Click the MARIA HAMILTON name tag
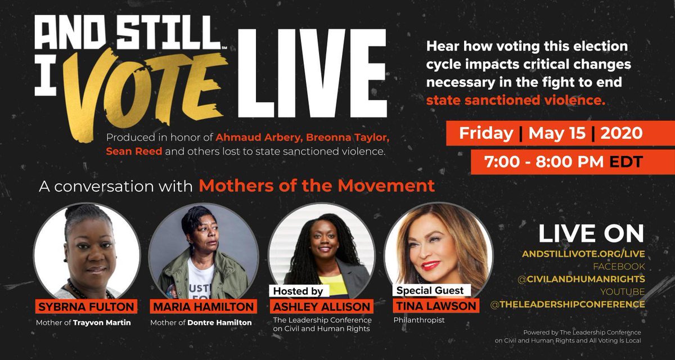(203, 307)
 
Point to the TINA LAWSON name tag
(435, 307)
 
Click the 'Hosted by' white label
(298, 291)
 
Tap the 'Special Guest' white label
(430, 290)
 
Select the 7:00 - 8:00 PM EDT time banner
(556, 161)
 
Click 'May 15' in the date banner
(550, 134)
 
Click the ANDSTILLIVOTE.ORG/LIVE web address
(589, 254)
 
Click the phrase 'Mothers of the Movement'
(317, 186)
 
